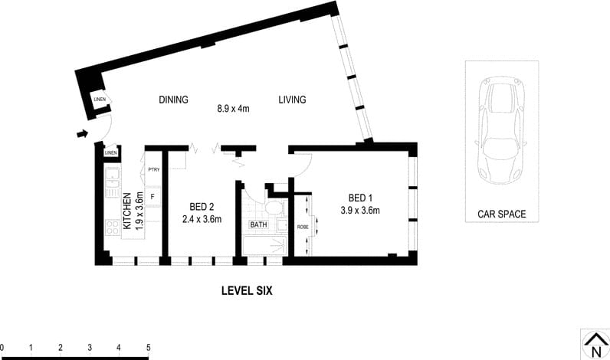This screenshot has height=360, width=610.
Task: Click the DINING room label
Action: pos(173,100)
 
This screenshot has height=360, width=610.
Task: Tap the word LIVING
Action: pos(292,100)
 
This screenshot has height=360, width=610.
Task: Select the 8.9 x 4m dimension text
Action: pos(234,109)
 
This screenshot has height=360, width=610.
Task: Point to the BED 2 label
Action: pos(201,206)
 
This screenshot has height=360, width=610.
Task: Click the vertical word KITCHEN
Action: pos(127,212)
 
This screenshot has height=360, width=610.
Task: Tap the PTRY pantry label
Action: pos(153,170)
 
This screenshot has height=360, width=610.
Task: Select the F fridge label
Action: pos(153,197)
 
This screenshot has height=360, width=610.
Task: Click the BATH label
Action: pos(258,225)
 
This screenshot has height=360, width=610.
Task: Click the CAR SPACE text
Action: pos(501,214)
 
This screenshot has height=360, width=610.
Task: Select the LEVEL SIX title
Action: pos(247,291)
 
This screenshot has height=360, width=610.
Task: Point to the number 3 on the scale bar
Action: pos(90,348)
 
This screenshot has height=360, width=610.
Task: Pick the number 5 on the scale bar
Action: pos(148,348)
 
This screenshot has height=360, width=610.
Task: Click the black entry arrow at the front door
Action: pos(82,136)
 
